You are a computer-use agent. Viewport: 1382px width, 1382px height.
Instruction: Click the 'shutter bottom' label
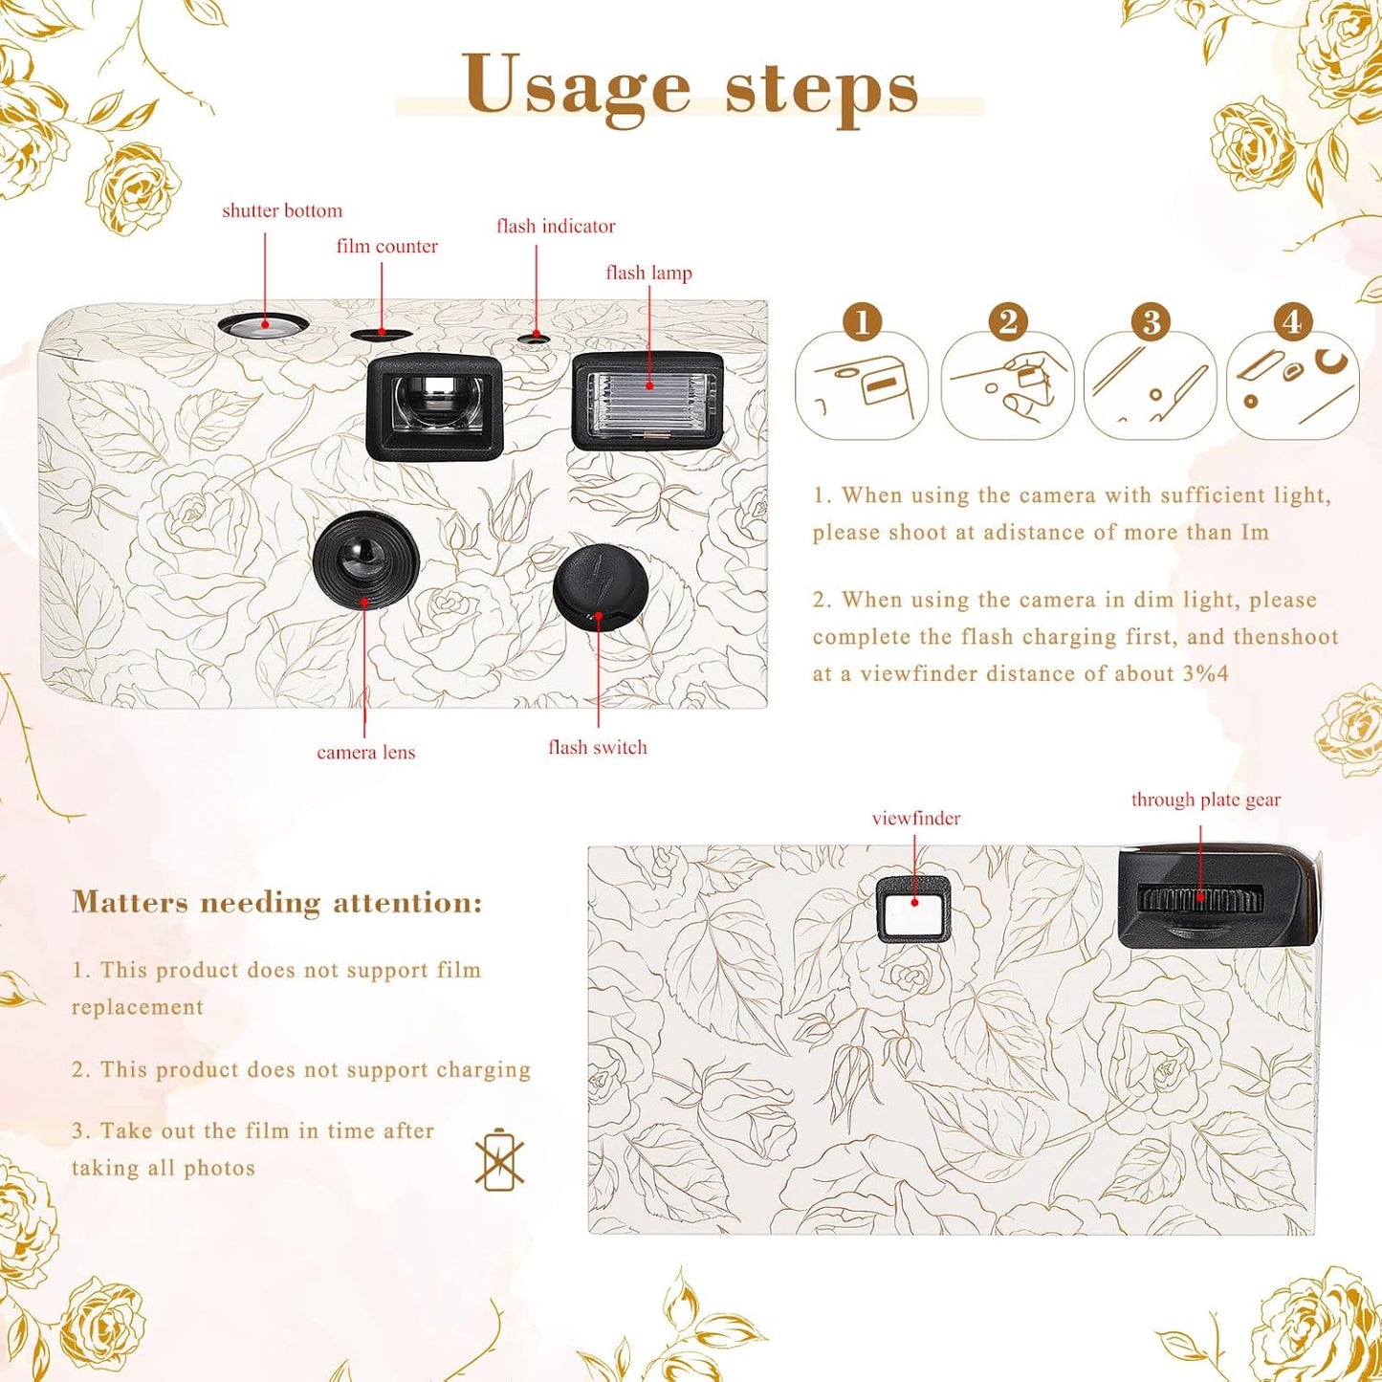281,210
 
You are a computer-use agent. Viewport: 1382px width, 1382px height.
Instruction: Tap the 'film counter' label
386,246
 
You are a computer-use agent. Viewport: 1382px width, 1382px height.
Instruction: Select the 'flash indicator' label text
555,226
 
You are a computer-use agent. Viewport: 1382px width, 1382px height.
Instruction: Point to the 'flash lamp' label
648,273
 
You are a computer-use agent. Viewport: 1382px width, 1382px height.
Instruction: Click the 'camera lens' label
365,752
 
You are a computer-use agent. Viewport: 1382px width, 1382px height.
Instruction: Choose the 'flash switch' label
597,747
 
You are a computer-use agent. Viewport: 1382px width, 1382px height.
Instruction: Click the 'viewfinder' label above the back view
915,818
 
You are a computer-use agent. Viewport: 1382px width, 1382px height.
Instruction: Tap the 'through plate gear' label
1205,800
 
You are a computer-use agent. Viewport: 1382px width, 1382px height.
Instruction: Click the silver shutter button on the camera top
263,325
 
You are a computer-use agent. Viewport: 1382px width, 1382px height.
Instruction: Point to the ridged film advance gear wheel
1200,899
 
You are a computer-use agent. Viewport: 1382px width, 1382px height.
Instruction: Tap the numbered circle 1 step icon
863,321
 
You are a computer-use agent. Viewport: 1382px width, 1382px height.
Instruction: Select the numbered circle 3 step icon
1151,321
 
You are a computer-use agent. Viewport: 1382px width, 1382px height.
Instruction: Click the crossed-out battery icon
499,1160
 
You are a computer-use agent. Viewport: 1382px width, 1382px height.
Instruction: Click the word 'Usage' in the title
576,86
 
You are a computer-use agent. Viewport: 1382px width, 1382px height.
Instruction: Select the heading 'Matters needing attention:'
277,902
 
